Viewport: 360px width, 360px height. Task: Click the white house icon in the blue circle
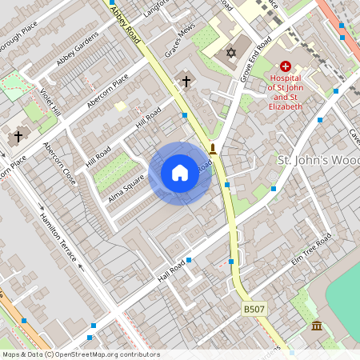click(x=180, y=173)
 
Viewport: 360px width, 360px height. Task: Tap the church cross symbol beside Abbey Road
click(x=186, y=81)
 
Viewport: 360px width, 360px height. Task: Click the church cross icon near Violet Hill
click(x=18, y=137)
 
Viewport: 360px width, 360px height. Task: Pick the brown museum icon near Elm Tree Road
click(x=318, y=326)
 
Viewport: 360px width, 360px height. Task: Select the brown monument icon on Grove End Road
click(x=212, y=148)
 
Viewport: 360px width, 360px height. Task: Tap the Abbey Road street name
click(x=126, y=25)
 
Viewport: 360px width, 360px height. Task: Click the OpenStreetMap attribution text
click(x=80, y=354)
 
